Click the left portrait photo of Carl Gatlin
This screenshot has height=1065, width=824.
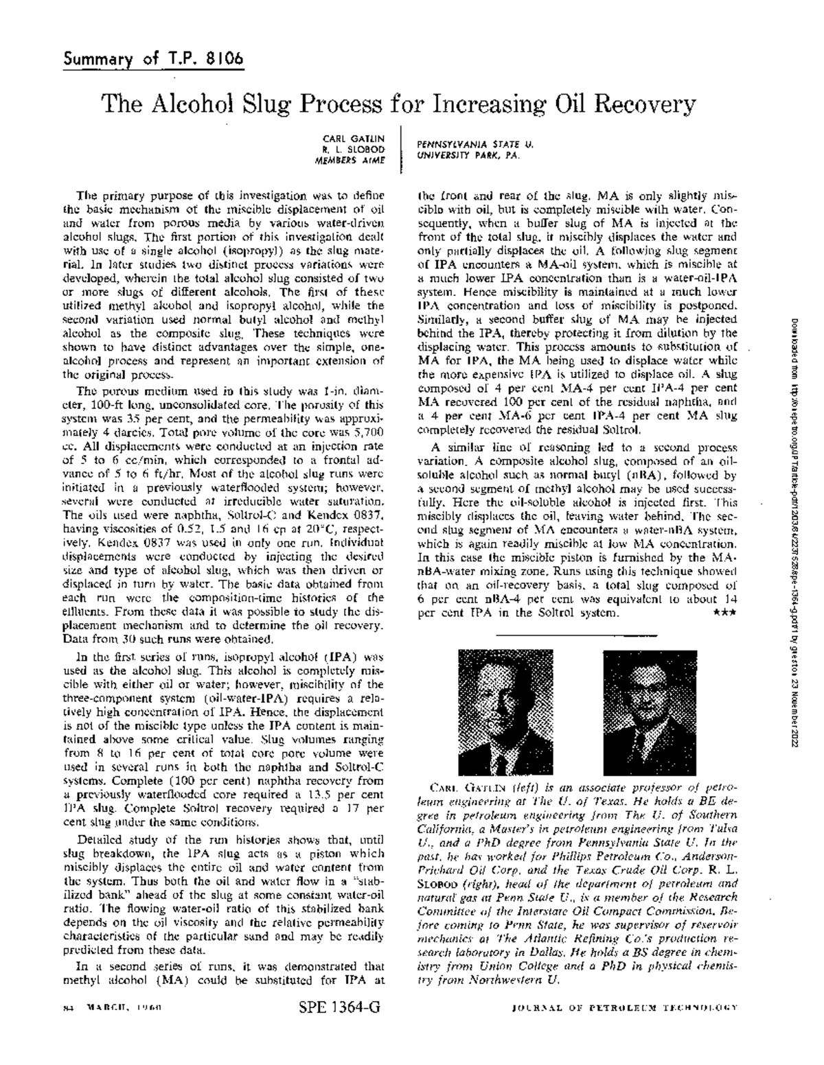[505, 712]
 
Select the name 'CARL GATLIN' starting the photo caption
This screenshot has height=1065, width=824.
[458, 786]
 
